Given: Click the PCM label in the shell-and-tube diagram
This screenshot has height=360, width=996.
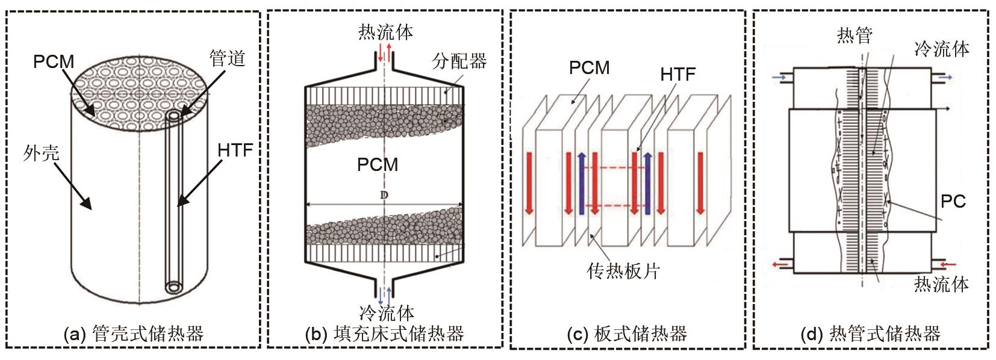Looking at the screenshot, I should pyautogui.click(x=54, y=61).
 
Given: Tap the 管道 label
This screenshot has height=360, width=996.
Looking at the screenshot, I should pyautogui.click(x=227, y=59).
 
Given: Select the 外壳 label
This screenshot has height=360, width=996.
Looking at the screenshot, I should pyautogui.click(x=41, y=154).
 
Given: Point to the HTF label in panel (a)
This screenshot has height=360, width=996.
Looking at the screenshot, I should pyautogui.click(x=235, y=150).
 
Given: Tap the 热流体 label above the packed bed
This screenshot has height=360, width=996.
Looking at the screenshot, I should pyautogui.click(x=385, y=32).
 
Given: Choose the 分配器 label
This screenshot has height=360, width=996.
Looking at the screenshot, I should pyautogui.click(x=459, y=61).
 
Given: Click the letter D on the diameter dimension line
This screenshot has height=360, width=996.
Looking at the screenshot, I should pyautogui.click(x=384, y=195).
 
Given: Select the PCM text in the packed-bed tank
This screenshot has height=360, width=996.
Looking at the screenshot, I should pyautogui.click(x=378, y=164).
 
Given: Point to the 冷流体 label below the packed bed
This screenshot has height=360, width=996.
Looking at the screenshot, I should pyautogui.click(x=386, y=313).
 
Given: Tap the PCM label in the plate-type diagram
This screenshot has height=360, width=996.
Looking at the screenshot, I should pyautogui.click(x=589, y=68).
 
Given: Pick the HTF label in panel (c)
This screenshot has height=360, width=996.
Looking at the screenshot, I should pyautogui.click(x=677, y=74).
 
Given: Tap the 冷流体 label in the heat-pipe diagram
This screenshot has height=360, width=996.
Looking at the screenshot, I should pyautogui.click(x=941, y=49).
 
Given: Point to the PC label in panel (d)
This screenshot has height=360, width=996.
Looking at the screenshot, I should pyautogui.click(x=953, y=201).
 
